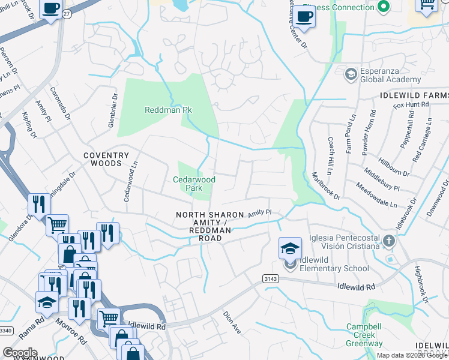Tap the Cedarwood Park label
pos(194,184)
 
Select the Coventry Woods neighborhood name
pos(106,159)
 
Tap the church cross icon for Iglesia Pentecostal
pos(389,242)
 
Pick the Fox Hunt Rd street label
pos(411,104)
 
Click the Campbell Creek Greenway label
pos(364,335)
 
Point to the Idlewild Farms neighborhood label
pos(414,95)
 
